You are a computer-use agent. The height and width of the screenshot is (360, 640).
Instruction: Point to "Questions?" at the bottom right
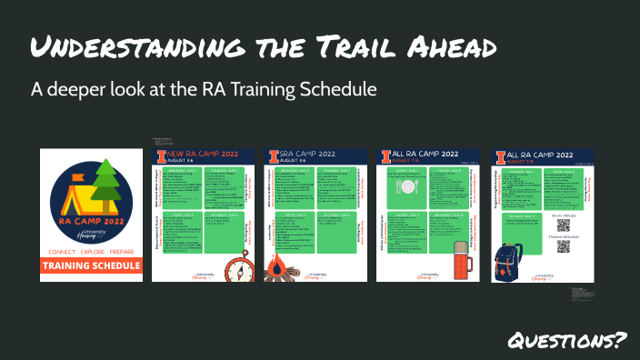coord(567,341)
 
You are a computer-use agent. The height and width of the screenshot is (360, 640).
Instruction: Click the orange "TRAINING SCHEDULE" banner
coord(91,265)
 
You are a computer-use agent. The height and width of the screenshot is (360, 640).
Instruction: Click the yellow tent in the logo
coord(75,194)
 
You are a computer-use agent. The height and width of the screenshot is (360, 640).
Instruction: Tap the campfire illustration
coord(277,266)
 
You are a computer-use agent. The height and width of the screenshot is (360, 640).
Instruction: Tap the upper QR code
coord(563,225)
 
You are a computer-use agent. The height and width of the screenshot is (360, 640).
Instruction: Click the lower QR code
coord(563,255)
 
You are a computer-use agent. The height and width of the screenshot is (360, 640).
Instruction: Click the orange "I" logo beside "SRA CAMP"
coord(273,155)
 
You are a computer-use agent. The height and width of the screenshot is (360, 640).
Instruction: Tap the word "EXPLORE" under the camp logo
coord(90,249)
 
